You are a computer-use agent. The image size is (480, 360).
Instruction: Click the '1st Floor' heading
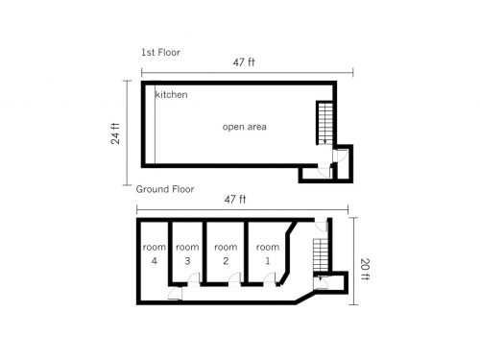tap(160, 52)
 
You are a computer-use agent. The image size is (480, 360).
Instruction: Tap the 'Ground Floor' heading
tap(165, 189)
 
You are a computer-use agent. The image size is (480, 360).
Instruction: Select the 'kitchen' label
tap(171, 94)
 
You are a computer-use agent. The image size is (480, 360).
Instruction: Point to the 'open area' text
tap(245, 127)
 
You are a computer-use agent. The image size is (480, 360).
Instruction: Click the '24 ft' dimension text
tap(115, 133)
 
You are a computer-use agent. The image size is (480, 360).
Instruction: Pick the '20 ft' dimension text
tap(365, 269)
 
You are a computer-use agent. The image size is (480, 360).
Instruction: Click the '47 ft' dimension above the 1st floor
tap(244, 62)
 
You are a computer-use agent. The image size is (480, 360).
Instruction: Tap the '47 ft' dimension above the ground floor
tap(235, 200)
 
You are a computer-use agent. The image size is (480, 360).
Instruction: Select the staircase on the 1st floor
tap(324, 123)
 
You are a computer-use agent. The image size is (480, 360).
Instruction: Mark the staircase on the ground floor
tap(321, 255)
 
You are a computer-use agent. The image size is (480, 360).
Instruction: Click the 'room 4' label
tap(155, 253)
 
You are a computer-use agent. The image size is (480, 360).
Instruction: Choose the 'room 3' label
tap(187, 253)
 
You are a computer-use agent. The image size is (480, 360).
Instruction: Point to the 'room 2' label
tap(226, 253)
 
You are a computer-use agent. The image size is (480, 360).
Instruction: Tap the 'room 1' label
tap(268, 253)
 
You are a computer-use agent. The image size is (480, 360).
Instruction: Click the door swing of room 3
tap(194, 278)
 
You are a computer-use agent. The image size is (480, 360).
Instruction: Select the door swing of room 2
tap(234, 278)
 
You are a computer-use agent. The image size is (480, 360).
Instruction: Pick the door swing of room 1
tap(270, 278)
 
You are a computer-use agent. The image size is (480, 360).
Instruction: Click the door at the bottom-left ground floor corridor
tap(175, 294)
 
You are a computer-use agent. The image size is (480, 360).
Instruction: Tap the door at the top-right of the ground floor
tap(321, 225)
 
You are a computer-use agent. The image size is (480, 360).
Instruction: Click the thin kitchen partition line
tap(155, 125)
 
